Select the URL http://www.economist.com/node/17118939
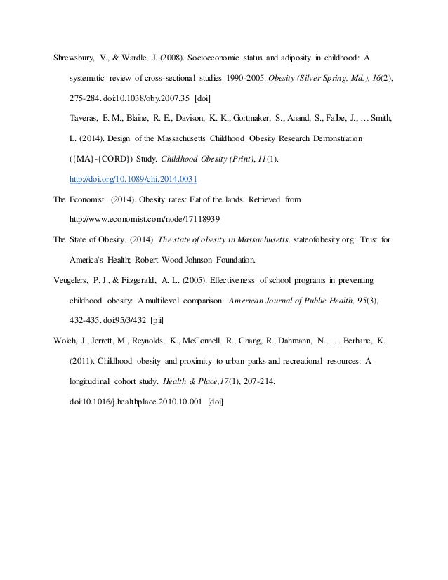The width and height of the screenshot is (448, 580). click(x=147, y=218)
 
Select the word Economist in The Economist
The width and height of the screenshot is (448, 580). click(x=88, y=199)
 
